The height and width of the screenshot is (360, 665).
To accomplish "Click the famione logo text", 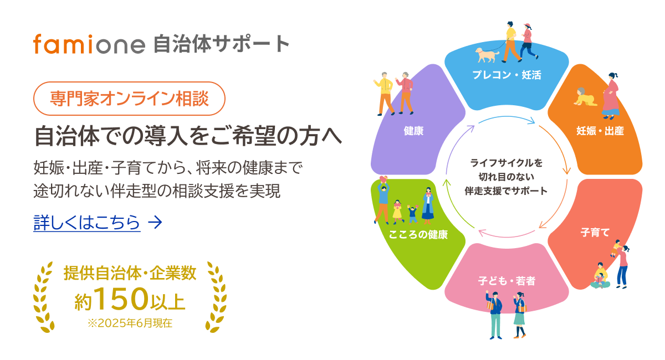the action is (89, 44).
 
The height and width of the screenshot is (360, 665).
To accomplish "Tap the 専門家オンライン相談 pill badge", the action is (129, 99).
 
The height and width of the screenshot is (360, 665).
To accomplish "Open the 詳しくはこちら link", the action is (86, 222).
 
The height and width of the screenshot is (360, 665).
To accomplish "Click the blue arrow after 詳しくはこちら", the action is (155, 222).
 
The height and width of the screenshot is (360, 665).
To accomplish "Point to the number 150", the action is (122, 299).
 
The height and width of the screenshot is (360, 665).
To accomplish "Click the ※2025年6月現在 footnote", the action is (130, 323).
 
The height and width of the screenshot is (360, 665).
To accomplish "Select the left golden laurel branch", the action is (44, 297).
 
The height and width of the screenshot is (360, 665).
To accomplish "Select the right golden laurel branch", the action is (216, 297).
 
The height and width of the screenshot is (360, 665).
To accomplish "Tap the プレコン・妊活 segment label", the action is (507, 75).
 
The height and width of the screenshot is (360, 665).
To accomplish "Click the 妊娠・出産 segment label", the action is (600, 131).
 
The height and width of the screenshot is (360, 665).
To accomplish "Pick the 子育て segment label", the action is (595, 232).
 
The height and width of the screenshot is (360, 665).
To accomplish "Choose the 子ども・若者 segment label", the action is (507, 281).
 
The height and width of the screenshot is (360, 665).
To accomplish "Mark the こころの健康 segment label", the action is (418, 234).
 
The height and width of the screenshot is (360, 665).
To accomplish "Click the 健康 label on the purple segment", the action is (413, 131).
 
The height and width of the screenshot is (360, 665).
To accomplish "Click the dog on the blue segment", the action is (487, 55).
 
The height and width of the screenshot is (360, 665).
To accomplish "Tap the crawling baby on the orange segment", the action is (585, 97).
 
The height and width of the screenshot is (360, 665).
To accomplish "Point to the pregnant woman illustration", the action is (611, 96).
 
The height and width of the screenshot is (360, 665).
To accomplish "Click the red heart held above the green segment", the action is (383, 179).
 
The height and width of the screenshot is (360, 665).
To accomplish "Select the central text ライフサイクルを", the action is (507, 163).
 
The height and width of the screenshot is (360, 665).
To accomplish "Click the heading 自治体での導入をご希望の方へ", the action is (188, 136).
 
